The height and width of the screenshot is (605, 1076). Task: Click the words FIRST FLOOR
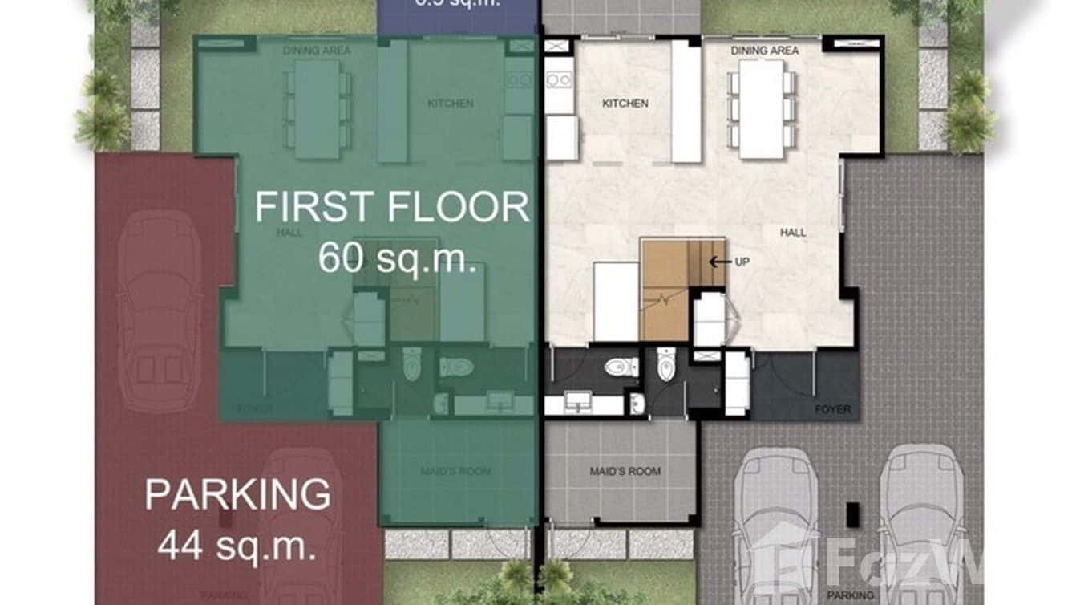(x=392, y=207)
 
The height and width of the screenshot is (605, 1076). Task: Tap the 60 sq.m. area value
(x=397, y=258)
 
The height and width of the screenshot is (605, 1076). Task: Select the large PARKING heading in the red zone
(x=237, y=494)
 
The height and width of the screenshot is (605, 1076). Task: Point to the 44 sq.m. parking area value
(x=237, y=547)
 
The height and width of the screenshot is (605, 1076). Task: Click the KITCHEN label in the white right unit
(x=625, y=104)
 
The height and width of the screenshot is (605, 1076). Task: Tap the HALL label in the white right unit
(x=794, y=233)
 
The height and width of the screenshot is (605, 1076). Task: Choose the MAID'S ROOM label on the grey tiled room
(x=622, y=471)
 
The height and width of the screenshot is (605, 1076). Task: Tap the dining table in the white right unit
(x=761, y=109)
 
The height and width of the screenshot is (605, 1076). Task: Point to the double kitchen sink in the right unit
(x=559, y=79)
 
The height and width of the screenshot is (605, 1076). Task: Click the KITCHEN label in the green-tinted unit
(x=450, y=104)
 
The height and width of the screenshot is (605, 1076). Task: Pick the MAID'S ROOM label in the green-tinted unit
(x=455, y=471)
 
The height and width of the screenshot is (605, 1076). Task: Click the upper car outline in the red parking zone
(x=160, y=313)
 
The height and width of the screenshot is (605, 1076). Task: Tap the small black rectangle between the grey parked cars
(x=851, y=514)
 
